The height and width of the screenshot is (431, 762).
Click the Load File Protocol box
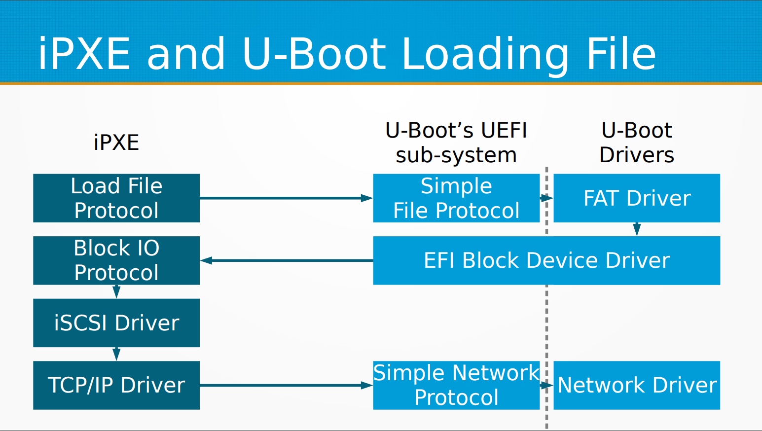116,198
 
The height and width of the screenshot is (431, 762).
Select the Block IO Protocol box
116,260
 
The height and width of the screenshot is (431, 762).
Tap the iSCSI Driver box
116,323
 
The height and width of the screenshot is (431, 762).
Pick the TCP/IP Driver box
116,385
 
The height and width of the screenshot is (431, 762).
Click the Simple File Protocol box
456,198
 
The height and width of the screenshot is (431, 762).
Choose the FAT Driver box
637,198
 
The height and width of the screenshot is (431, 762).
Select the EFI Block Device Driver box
546,260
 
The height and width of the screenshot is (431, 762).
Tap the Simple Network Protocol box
456,385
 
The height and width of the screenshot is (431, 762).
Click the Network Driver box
637,385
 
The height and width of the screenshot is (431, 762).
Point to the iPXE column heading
116,143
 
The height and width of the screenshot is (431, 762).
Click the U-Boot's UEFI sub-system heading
456,143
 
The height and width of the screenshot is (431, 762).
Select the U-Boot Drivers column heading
637,143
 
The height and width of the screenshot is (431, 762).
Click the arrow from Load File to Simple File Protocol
286,198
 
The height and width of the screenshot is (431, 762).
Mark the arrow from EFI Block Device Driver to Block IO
286,260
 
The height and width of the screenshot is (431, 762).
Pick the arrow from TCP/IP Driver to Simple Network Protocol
286,385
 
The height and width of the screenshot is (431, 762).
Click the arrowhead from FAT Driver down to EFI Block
637,229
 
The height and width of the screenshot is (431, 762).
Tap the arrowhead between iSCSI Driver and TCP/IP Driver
116,354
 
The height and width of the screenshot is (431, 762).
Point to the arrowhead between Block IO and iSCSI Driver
116,292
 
